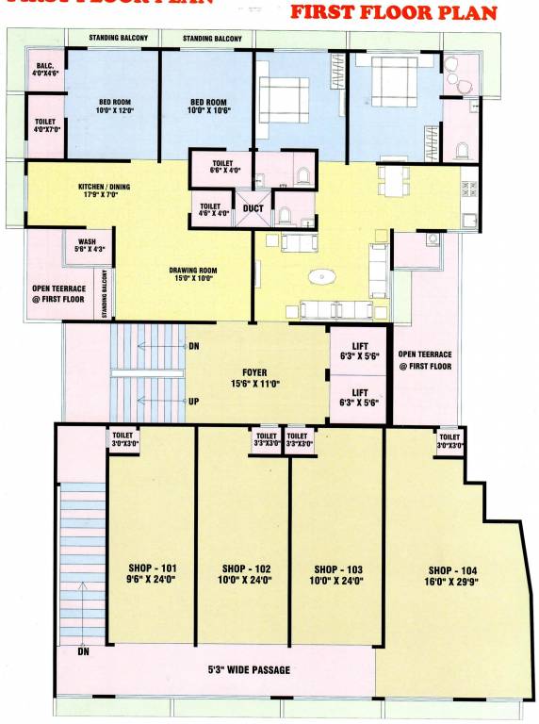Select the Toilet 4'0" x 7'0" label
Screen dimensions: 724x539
44,125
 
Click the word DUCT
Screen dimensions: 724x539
253,208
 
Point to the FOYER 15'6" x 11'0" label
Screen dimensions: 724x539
254,378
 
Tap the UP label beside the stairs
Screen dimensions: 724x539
194,401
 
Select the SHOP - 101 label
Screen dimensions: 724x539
152,575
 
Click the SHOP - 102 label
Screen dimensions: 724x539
245,575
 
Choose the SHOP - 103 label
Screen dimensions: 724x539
338,575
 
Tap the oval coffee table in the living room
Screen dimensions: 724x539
324,277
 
